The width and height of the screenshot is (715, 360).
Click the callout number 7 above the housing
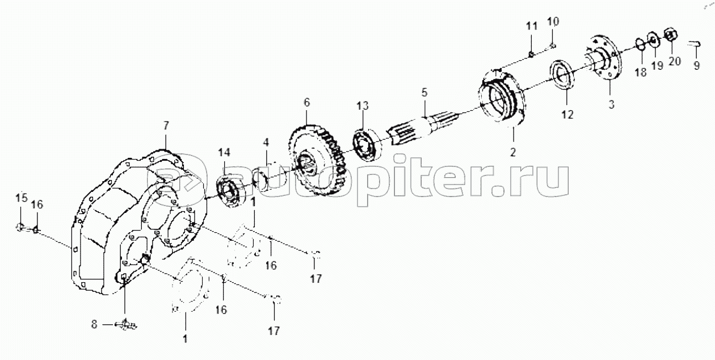(x=166, y=125)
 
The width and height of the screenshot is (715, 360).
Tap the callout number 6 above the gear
(x=306, y=103)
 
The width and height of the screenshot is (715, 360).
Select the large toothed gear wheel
(x=317, y=160)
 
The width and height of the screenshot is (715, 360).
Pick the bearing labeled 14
(x=230, y=191)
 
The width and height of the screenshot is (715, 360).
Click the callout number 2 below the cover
(x=513, y=152)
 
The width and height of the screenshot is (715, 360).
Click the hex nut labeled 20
(x=671, y=36)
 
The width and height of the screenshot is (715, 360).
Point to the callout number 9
(x=697, y=65)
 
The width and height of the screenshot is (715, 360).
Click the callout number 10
(x=553, y=22)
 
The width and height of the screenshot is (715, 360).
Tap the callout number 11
(x=532, y=26)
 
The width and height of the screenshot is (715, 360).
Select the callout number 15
(x=22, y=198)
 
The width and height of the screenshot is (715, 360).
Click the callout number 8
(x=94, y=325)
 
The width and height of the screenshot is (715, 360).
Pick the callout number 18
(x=641, y=72)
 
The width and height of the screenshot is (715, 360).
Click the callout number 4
(x=266, y=142)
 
